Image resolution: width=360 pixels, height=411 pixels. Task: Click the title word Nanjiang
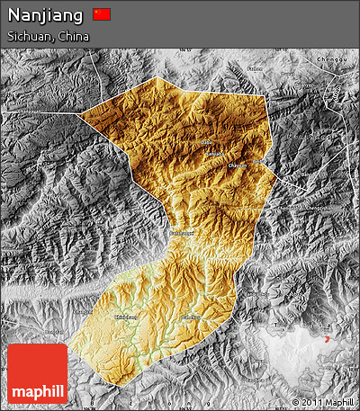coord(46,14)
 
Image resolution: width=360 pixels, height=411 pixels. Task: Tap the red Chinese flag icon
coord(102,14)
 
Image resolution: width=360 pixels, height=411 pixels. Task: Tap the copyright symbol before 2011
coord(296,402)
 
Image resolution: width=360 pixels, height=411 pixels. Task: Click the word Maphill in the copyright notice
coord(339,402)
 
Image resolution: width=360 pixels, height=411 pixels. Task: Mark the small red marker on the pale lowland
coord(328,338)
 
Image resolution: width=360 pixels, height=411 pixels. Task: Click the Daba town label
coord(207,142)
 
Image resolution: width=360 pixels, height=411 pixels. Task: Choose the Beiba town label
coord(261,162)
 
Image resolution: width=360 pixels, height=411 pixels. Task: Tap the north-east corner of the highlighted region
coord(267,94)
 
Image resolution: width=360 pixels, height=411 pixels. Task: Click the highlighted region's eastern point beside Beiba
coord(275,171)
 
